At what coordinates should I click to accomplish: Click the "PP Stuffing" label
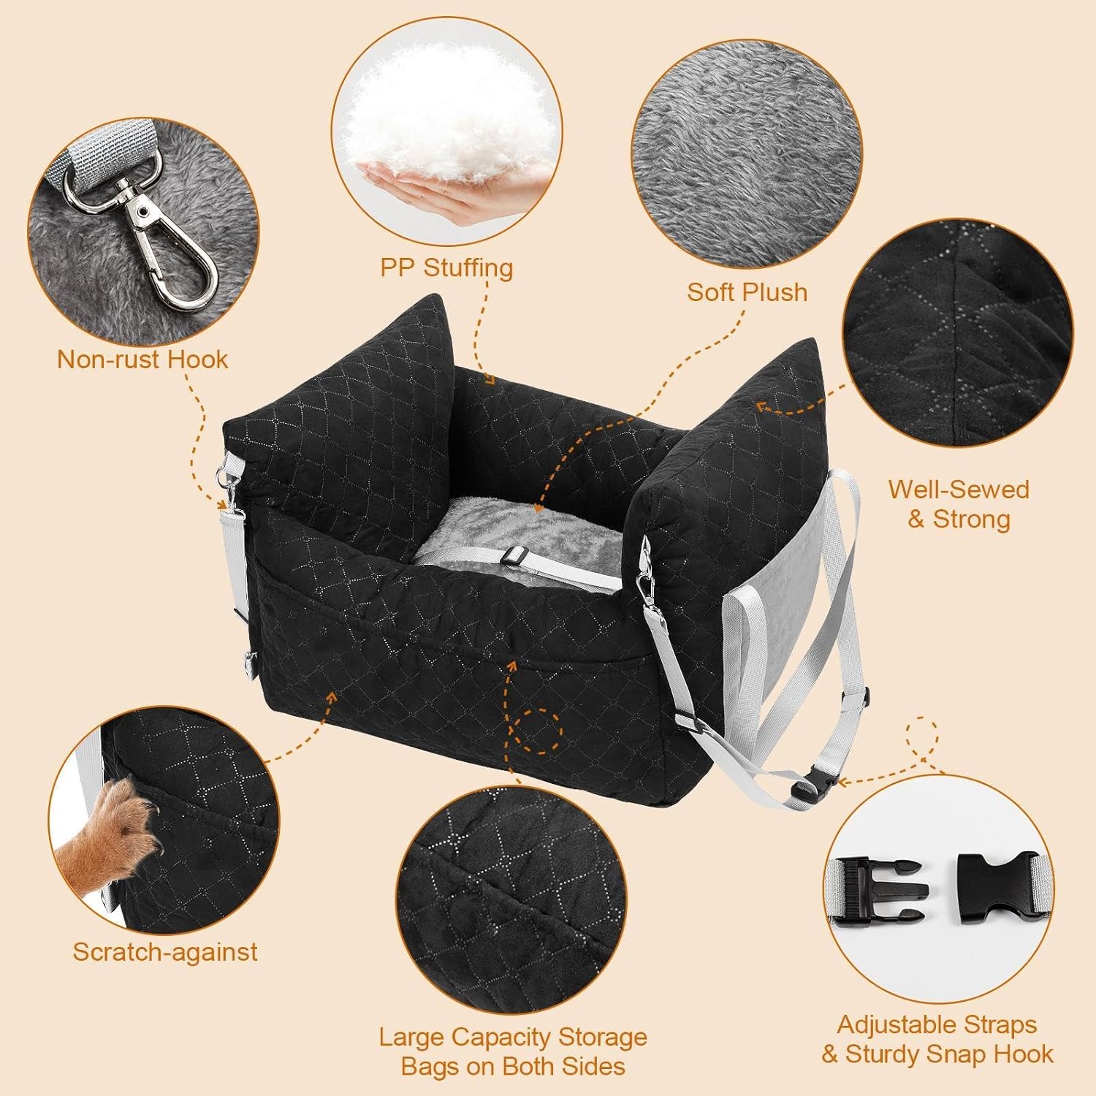(446, 268)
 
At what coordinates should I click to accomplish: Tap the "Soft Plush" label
(747, 292)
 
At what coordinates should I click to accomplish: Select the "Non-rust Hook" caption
(142, 359)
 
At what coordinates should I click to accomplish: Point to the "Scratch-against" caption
(165, 951)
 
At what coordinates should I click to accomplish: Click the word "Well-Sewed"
(959, 489)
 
